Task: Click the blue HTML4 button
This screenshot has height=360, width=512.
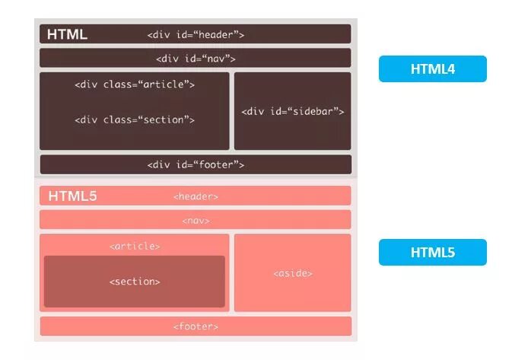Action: click(x=432, y=69)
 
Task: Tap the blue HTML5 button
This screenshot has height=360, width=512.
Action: click(x=432, y=253)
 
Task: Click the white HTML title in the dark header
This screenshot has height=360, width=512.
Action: click(x=67, y=34)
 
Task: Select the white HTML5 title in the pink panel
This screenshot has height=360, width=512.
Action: click(x=72, y=196)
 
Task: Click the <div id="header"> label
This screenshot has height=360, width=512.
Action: click(x=196, y=34)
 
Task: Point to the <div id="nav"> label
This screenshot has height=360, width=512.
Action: click(x=196, y=59)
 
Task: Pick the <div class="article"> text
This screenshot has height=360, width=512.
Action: click(x=135, y=84)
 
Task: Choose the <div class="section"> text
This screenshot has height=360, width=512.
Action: click(x=135, y=119)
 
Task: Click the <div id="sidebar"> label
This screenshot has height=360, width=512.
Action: click(x=293, y=111)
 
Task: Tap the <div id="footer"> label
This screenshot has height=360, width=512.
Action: click(x=196, y=164)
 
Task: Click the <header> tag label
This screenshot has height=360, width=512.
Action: click(x=196, y=196)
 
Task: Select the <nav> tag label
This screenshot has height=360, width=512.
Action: click(x=196, y=221)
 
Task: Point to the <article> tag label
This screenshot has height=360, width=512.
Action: click(x=135, y=247)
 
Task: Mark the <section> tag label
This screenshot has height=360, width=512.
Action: click(x=135, y=282)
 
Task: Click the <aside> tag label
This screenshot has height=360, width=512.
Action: click(x=293, y=273)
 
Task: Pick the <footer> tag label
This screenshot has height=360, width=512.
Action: click(x=196, y=327)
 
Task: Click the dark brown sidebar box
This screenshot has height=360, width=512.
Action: click(x=293, y=133)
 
